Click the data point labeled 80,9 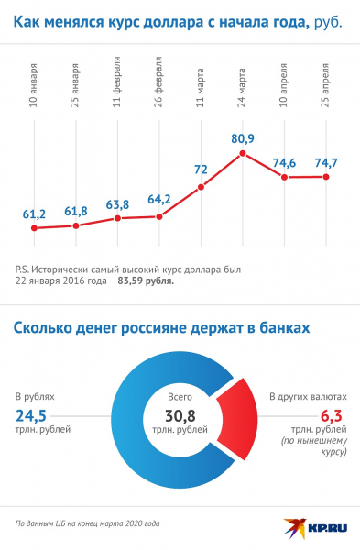(x=243, y=154)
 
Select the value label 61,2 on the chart (x=34, y=214)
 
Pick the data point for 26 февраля (x=159, y=217)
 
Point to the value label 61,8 (x=76, y=211)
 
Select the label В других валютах (x=308, y=398)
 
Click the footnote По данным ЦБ (x=87, y=524)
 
